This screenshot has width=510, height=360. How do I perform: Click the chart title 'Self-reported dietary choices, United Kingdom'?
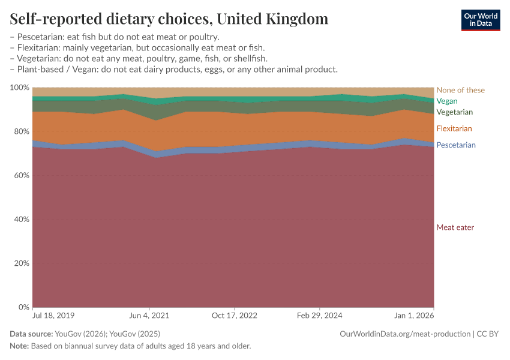169,19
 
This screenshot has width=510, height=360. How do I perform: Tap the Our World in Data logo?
481,20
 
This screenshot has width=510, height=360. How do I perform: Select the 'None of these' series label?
460,90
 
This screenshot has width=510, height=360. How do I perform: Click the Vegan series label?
447,101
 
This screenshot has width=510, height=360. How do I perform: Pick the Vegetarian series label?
455,112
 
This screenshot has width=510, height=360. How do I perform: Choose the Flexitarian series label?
454,128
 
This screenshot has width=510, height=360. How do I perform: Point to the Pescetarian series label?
456,145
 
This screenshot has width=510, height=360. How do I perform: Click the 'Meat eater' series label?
455,227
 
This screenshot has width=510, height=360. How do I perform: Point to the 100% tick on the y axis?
20,88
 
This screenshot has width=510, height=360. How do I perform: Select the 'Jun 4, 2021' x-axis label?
149,315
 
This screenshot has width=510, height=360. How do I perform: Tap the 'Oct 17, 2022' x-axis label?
235,315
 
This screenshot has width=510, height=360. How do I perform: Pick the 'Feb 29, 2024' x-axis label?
320,315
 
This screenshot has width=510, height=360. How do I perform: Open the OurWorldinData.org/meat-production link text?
404,334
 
